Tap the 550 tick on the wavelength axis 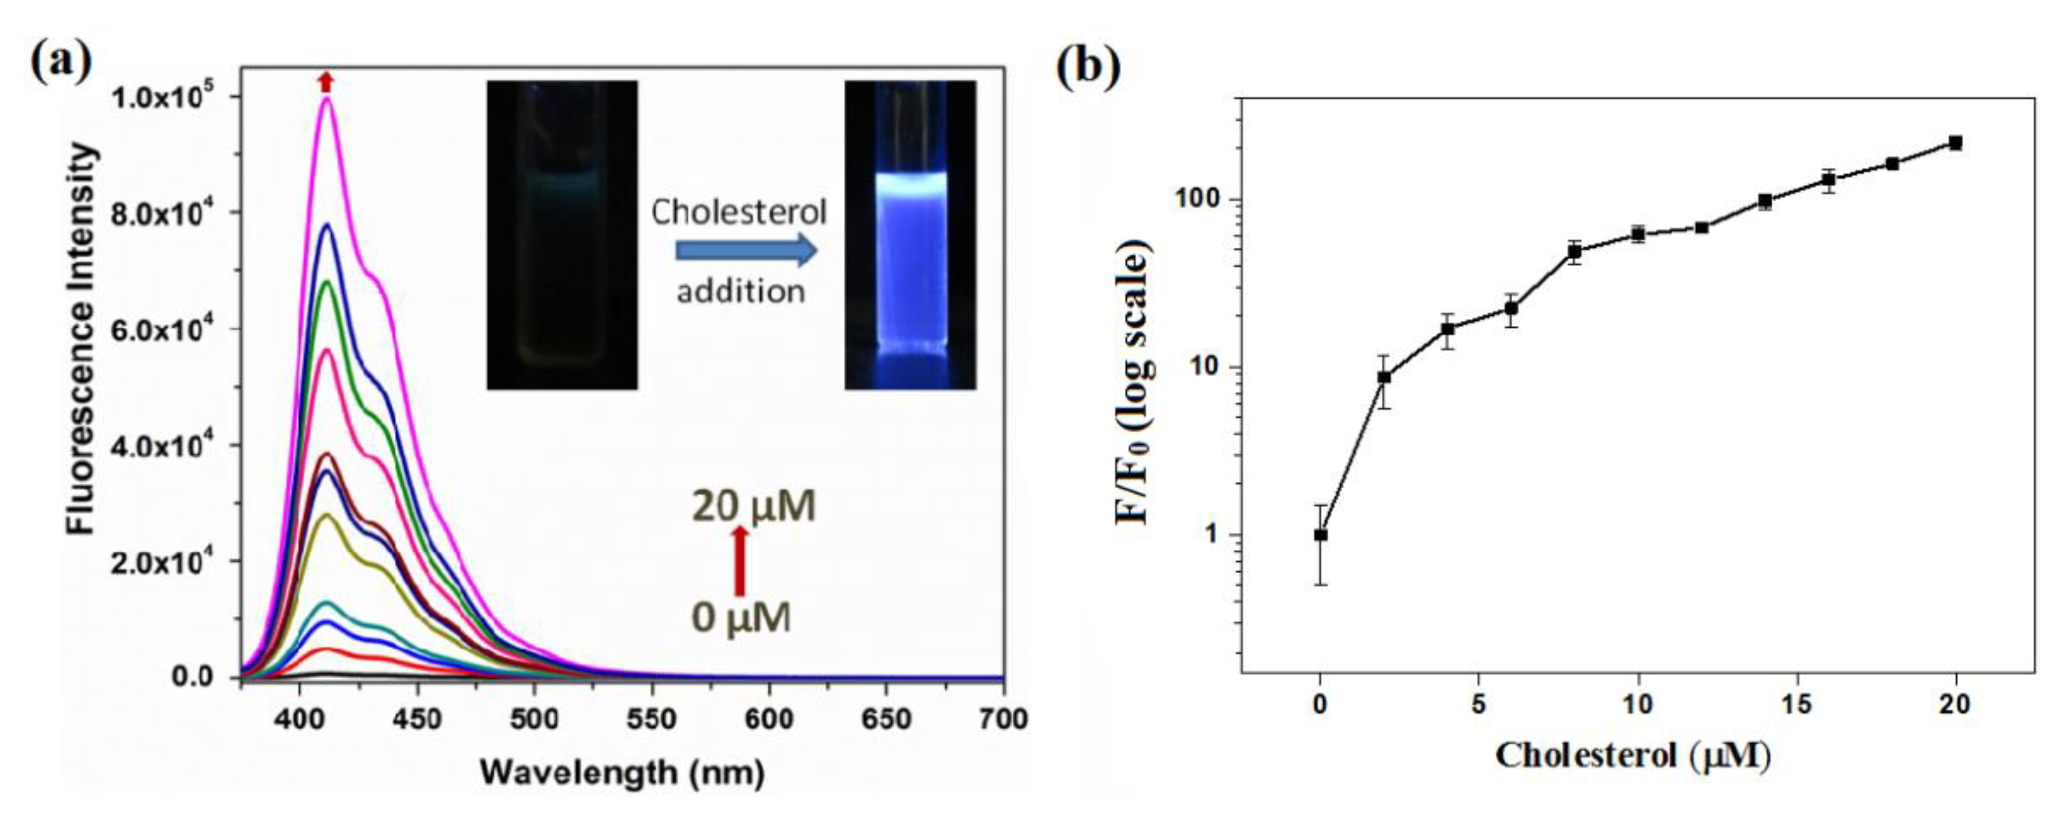(x=651, y=719)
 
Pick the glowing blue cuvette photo (x=910, y=235)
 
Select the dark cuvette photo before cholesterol (x=562, y=235)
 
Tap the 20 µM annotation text (x=753, y=506)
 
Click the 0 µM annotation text (x=741, y=617)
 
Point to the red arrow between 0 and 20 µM (x=740, y=561)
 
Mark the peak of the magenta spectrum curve (x=326, y=99)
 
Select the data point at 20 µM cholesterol (x=1955, y=143)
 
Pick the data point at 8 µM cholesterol (x=1575, y=252)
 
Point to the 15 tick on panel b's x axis (x=1796, y=705)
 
